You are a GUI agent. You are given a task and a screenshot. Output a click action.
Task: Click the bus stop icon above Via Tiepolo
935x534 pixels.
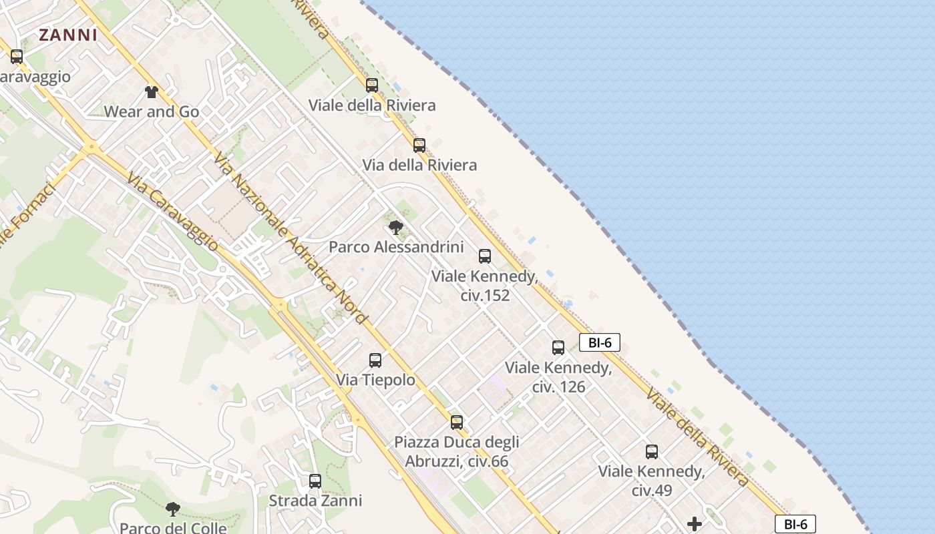pyautogui.click(x=375, y=360)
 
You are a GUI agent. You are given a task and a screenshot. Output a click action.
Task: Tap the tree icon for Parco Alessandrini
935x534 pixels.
pyautogui.click(x=396, y=228)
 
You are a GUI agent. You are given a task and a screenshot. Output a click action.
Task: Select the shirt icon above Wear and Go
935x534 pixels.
pyautogui.click(x=152, y=92)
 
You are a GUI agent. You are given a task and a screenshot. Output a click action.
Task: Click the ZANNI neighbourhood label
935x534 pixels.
pyautogui.click(x=68, y=35)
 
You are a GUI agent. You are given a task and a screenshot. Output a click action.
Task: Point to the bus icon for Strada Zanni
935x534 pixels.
pyautogui.click(x=315, y=481)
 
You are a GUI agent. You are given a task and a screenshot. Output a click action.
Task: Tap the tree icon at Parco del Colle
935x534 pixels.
pyautogui.click(x=173, y=509)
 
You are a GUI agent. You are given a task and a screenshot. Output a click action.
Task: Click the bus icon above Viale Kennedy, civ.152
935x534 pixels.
pyautogui.click(x=485, y=256)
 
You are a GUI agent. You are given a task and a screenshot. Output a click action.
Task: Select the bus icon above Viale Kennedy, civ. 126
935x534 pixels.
pyautogui.click(x=558, y=348)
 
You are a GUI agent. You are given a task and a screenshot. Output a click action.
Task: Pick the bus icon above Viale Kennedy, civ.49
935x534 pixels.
pyautogui.click(x=652, y=452)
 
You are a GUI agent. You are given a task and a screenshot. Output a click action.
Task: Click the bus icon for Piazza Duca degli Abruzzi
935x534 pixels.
pyautogui.click(x=457, y=423)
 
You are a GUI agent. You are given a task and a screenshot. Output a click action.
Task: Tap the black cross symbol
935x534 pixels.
pyautogui.click(x=695, y=524)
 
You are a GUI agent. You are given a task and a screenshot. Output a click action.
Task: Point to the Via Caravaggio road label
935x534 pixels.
pyautogui.click(x=172, y=212)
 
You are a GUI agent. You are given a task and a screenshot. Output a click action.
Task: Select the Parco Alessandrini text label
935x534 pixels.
pyautogui.click(x=396, y=247)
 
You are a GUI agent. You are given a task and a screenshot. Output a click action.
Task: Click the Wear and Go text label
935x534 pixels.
pyautogui.click(x=152, y=111)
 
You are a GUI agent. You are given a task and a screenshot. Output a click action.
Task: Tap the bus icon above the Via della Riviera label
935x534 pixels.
pyautogui.click(x=419, y=146)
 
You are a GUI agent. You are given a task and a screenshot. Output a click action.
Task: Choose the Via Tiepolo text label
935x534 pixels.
pyautogui.click(x=375, y=380)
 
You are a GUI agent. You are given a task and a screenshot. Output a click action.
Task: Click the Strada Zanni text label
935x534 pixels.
pyautogui.click(x=315, y=501)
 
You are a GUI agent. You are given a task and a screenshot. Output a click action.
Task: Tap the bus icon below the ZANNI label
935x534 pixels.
pyautogui.click(x=17, y=57)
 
